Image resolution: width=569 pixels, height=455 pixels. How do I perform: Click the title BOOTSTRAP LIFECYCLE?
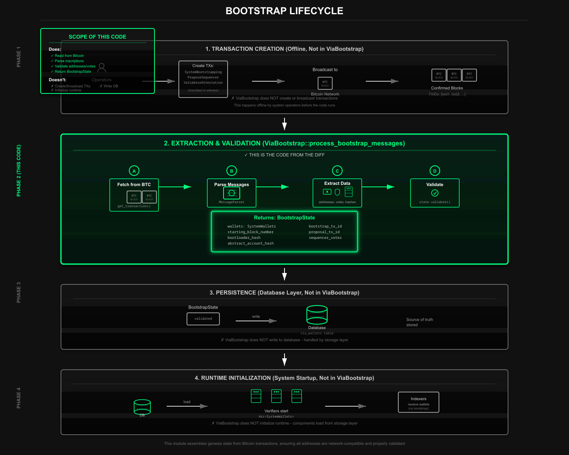point(284,11)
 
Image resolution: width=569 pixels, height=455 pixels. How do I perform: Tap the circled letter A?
point(134,171)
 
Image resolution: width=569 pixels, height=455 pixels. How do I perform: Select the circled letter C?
point(337,171)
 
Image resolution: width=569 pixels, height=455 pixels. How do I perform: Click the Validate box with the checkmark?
point(435,193)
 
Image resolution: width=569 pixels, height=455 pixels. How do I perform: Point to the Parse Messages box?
point(232,193)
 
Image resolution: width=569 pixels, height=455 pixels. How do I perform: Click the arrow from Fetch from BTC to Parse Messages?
point(175,187)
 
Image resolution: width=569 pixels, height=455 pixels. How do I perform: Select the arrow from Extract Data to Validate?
point(378,187)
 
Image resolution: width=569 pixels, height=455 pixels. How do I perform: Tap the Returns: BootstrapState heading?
point(284,218)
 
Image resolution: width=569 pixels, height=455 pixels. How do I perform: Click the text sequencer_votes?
point(325,238)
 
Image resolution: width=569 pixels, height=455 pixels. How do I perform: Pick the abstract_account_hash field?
point(250,243)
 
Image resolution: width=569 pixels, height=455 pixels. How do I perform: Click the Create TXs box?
point(203,79)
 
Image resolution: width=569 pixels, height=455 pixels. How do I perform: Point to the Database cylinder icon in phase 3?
point(317,315)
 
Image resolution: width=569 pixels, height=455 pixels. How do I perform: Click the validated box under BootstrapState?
point(203,319)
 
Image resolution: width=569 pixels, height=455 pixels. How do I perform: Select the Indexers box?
point(419,402)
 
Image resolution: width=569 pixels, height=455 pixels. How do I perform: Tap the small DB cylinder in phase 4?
point(142,407)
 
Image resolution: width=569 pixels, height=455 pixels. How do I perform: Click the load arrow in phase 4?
point(187,406)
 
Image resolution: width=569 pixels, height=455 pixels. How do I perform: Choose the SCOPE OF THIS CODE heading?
point(98,37)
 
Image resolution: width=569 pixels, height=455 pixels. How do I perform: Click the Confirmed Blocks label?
point(447,88)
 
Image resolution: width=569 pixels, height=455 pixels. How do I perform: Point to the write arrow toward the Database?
point(256,321)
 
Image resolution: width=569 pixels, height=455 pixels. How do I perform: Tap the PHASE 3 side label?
point(19,292)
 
